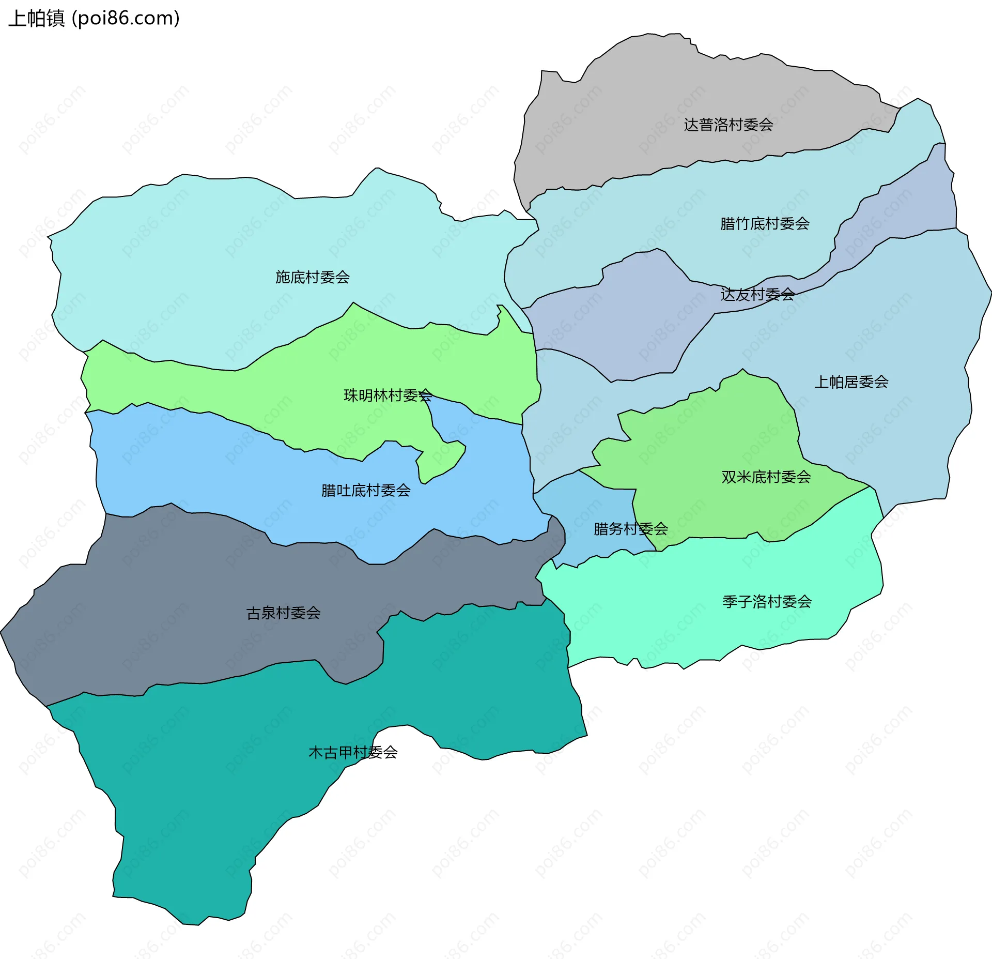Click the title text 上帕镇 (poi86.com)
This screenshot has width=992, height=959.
[x=94, y=18]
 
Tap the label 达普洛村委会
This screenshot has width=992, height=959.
[x=728, y=125]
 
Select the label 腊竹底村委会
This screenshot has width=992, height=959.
[x=764, y=223]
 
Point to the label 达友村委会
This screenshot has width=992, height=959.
[x=757, y=294]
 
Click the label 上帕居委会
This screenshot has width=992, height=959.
[x=851, y=382]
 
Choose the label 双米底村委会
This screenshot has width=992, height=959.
[x=766, y=476]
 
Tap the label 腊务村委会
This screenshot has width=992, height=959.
[x=630, y=528]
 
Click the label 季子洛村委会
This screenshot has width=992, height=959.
[x=767, y=601]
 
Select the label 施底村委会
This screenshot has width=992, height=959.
[x=312, y=277]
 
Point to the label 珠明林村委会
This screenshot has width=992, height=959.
[x=388, y=395]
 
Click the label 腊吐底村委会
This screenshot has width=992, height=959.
[x=365, y=490]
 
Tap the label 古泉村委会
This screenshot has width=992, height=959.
[x=283, y=613]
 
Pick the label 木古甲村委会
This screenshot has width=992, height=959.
[x=352, y=752]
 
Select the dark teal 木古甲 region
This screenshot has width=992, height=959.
[x=207, y=801]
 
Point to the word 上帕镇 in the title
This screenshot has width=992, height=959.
[x=36, y=18]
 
